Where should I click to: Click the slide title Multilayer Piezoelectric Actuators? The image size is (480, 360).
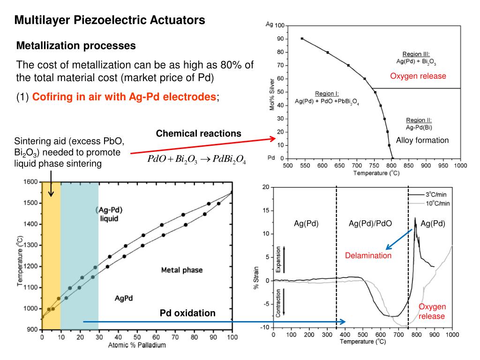tap(109, 20)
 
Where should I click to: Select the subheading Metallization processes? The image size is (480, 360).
tap(76, 46)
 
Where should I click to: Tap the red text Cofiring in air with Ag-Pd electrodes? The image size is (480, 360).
tap(124, 97)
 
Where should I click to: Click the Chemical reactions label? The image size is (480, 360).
tap(199, 134)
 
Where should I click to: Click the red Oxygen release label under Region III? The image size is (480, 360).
tap(418, 76)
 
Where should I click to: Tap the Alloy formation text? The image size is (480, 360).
tap(422, 140)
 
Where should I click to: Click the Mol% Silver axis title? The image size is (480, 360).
tap(272, 94)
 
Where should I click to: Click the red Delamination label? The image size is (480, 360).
tap(368, 255)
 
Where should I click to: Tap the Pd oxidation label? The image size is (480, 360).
tap(187, 313)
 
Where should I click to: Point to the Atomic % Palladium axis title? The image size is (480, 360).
tap(137, 346)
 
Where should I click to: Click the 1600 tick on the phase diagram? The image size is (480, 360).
tap(31, 182)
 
